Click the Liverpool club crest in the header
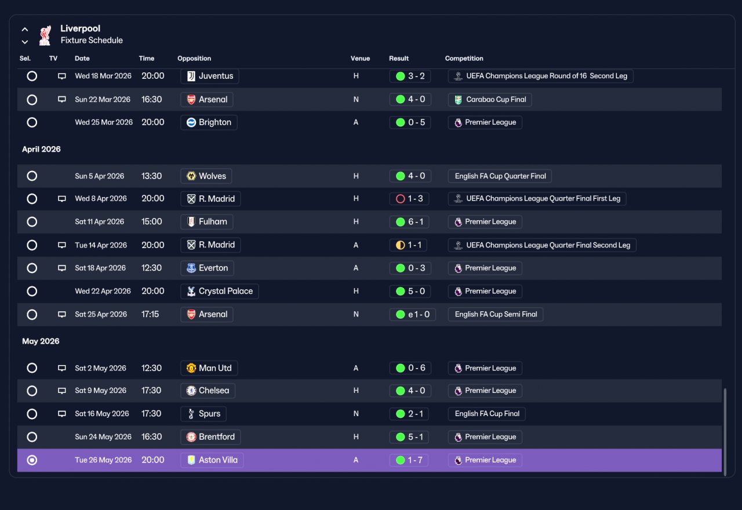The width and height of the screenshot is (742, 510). [x=45, y=35]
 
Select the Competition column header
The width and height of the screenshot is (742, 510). [x=464, y=59]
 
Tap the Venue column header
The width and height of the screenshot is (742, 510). [x=360, y=59]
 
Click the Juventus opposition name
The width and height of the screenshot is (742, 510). [x=216, y=76]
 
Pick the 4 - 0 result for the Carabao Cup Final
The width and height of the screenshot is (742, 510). [x=416, y=99]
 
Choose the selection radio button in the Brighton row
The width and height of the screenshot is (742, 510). [x=32, y=122]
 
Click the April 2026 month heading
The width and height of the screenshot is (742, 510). [x=41, y=149]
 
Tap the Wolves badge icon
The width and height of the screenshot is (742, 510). [x=191, y=176]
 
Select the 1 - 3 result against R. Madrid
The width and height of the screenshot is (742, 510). [x=415, y=198]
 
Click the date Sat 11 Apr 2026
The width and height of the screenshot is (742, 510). [x=99, y=221]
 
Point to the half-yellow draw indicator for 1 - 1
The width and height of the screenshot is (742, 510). [x=400, y=245]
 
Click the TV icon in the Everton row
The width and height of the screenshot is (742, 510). [x=61, y=268]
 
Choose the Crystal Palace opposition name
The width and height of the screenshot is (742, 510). [x=225, y=291]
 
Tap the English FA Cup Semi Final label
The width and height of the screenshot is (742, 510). [x=496, y=314]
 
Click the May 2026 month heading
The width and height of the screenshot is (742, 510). [x=41, y=341]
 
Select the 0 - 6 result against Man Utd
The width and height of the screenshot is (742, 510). [x=416, y=368]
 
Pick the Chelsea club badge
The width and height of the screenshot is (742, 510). [x=191, y=391]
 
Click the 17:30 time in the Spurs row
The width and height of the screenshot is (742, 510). [x=151, y=414]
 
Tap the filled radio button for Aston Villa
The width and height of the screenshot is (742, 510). [x=32, y=460]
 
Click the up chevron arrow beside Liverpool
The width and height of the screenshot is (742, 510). [x=25, y=30]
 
